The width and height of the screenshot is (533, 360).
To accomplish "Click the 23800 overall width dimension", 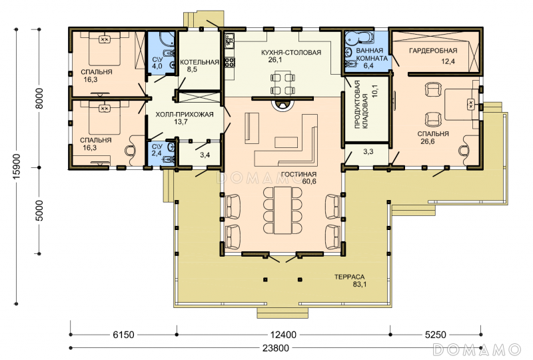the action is [276, 348].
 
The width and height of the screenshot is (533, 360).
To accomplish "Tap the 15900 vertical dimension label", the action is [16, 167].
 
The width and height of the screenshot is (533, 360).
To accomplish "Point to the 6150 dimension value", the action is [123, 335].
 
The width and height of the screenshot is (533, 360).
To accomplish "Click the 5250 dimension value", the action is [436, 335].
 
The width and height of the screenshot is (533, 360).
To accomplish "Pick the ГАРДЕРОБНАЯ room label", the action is [433, 51].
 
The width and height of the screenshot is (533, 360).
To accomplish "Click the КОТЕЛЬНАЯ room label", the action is [199, 62].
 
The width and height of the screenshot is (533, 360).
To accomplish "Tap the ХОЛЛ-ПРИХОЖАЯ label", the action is [185, 114].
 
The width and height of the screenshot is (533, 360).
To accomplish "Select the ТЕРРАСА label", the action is [349, 277].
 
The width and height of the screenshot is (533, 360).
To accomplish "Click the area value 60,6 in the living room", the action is [309, 182].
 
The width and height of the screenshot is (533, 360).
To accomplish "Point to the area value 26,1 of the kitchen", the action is [275, 60].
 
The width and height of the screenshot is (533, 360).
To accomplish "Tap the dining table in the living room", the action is [282, 210].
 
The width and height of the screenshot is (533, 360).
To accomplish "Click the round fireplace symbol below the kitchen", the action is [281, 105].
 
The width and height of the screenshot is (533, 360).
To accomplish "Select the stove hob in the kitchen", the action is [230, 62].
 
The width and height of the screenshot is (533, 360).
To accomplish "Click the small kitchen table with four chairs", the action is [282, 83].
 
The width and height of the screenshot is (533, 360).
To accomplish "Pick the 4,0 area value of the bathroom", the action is [157, 67].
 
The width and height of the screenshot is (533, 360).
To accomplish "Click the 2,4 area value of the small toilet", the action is [157, 153].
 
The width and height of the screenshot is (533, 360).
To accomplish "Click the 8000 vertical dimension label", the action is [39, 99].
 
